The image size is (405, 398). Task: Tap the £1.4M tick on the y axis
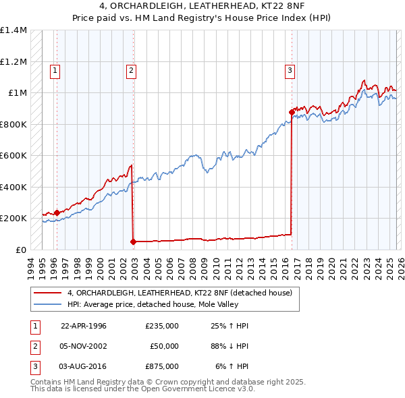pos(13,30)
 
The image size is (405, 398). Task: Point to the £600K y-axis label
pos(13,156)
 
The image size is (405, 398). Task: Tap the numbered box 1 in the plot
pos(55,69)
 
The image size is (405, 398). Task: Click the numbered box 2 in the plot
pos(131,69)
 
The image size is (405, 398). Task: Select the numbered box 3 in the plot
pos(290,69)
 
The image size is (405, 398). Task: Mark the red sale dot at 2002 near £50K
pos(133,241)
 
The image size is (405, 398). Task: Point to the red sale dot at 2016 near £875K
pos(292,112)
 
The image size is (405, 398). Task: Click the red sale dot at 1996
pos(57,212)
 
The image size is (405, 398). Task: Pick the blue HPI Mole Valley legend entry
pos(162,305)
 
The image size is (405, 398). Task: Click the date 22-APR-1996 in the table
pos(84,326)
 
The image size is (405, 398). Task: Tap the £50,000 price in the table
pos(164,346)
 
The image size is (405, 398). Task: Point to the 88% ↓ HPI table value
pos(229,346)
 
